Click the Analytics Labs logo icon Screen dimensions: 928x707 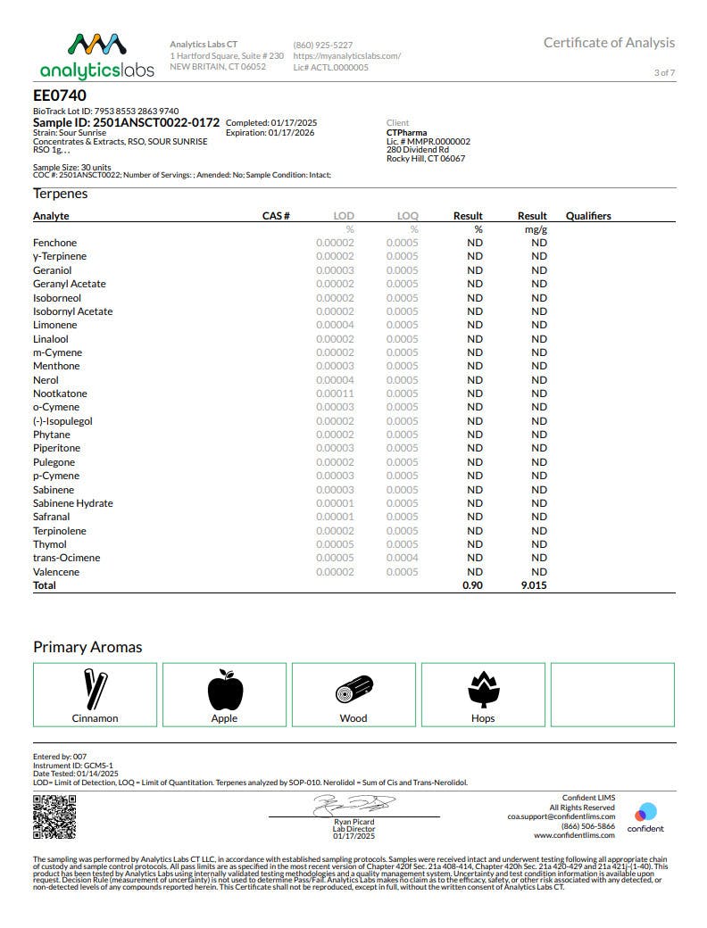coord(96,46)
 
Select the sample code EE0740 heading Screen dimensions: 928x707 coord(60,95)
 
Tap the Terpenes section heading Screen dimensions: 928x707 coord(60,194)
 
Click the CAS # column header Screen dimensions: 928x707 coord(276,216)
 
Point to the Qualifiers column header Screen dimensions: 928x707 coord(588,216)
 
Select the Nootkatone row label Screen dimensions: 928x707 coord(60,394)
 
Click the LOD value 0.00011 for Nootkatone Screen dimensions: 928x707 coord(335,394)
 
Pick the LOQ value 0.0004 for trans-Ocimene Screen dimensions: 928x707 coord(402,558)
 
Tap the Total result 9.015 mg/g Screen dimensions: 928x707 coord(532,585)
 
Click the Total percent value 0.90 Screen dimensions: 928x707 coord(472,585)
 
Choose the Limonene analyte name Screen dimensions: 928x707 coord(54,325)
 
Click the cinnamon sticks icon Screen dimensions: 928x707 coord(95,689)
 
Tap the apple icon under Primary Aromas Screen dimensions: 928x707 coord(224,689)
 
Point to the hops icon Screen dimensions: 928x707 coord(483,689)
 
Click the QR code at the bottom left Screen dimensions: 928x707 coord(48,816)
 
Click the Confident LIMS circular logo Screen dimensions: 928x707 coord(645,812)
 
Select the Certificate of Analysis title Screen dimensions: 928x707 coord(609,43)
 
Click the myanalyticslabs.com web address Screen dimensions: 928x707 coord(346,55)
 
